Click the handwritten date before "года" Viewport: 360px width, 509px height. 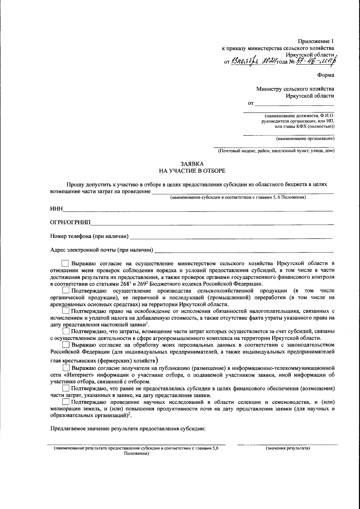254,62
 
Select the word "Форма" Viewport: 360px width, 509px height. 325,75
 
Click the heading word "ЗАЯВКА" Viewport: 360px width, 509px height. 192,164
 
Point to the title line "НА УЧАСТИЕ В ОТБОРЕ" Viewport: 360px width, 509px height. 192,171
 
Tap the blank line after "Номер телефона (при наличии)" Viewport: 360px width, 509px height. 231,238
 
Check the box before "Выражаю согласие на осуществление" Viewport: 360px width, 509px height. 65,264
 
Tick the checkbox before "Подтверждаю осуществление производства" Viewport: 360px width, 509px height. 66,291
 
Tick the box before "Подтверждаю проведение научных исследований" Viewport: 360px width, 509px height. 65,402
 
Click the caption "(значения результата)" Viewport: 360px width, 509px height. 287,448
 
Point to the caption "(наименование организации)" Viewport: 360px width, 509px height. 305,139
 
